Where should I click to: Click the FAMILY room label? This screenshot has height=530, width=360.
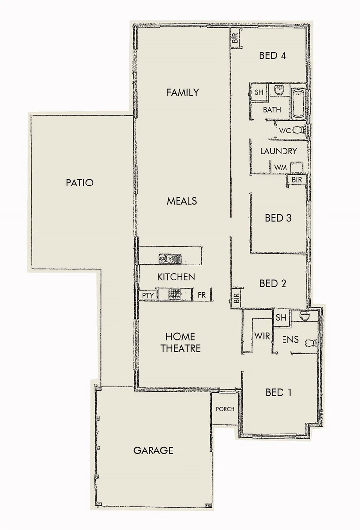point(182,92)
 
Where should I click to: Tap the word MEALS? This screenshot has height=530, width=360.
point(181,201)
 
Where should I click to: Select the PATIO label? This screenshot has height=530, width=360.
point(79,183)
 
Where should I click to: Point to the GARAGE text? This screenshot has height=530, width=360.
point(153,450)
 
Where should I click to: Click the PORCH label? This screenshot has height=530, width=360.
point(225,409)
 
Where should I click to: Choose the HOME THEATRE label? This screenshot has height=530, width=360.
point(180,343)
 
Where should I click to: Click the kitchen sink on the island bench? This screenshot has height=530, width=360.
point(170,258)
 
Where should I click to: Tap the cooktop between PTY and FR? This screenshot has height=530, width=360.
point(175,294)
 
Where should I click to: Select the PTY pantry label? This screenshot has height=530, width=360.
point(147,295)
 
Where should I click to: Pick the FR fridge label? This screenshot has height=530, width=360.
point(201,295)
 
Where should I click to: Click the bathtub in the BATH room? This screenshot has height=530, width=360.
point(297,104)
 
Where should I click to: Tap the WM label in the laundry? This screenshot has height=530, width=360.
point(280,168)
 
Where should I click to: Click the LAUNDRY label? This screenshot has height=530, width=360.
point(279,151)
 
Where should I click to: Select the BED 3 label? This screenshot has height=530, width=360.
point(278,218)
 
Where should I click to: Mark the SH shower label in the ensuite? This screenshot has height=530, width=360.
point(281,318)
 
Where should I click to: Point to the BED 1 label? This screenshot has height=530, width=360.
point(278,392)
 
